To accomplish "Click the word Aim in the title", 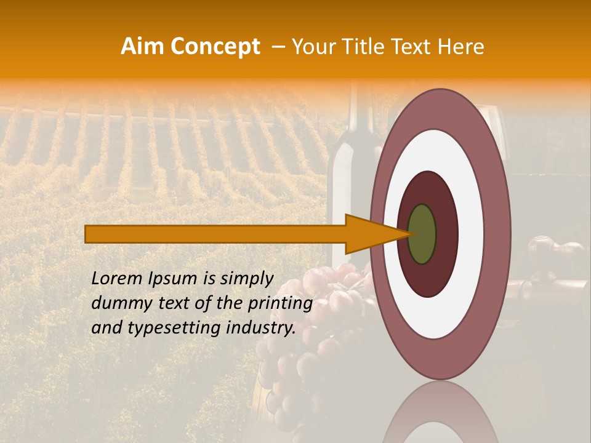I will [143, 47].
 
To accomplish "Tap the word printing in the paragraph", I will [281, 303].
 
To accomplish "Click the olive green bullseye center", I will [422, 234].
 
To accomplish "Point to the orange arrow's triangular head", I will [369, 234].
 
